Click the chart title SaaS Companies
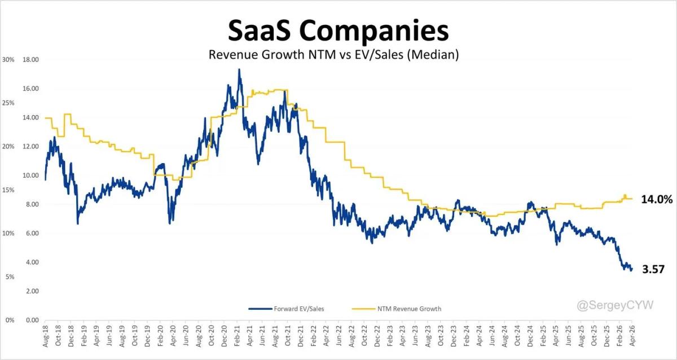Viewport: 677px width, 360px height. pyautogui.click(x=338, y=31)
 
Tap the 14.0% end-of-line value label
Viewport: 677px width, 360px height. pyautogui.click(x=657, y=199)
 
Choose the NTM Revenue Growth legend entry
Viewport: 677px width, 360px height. pyautogui.click(x=396, y=309)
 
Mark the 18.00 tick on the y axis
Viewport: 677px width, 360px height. pyautogui.click(x=30, y=60)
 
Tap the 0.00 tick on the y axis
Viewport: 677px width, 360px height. pyautogui.click(x=31, y=320)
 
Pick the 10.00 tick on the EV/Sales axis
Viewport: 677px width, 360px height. pyautogui.click(x=30, y=175)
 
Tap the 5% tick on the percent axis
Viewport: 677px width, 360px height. pyautogui.click(x=9, y=276)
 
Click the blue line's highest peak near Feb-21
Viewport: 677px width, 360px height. pyautogui.click(x=239, y=70)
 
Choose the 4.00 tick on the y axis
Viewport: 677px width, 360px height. pyautogui.click(x=31, y=262)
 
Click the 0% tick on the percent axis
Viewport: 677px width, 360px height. pyautogui.click(x=9, y=320)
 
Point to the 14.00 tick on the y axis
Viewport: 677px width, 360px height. pyautogui.click(x=30, y=118)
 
